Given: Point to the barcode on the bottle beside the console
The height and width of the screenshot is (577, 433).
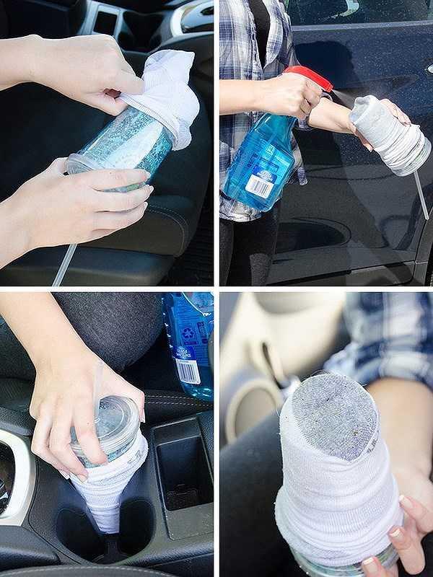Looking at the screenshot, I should tap(188, 371).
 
